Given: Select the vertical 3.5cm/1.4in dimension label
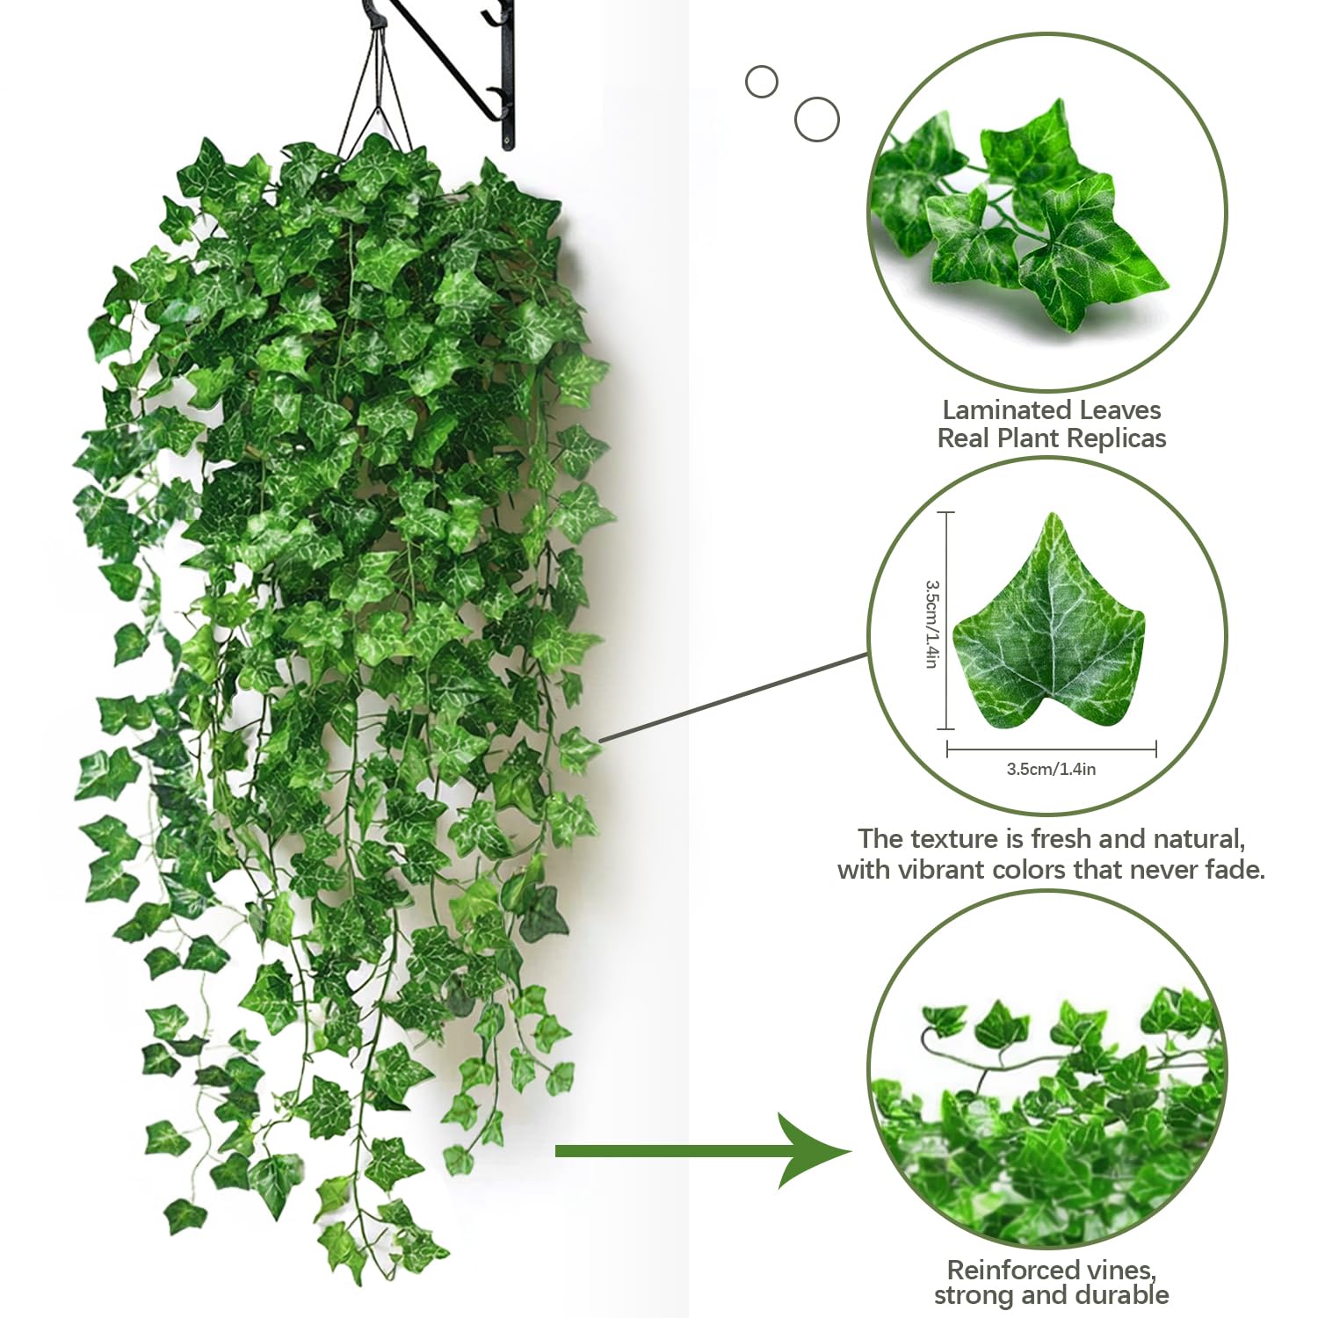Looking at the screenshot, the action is pos(931,623).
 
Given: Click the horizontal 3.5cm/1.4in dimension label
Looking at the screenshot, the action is pos(1051,769).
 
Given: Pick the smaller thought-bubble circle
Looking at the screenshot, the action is pos(762,83).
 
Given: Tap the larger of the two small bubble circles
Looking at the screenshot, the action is pos(817,119).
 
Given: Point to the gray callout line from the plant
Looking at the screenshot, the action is pos(735,698).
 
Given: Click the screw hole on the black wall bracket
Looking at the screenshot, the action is pos(507,137).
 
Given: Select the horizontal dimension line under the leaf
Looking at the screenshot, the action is pos(1052,750).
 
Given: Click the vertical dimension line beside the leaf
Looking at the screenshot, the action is pos(946,620).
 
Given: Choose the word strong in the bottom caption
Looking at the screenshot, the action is pos(972,1296).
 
